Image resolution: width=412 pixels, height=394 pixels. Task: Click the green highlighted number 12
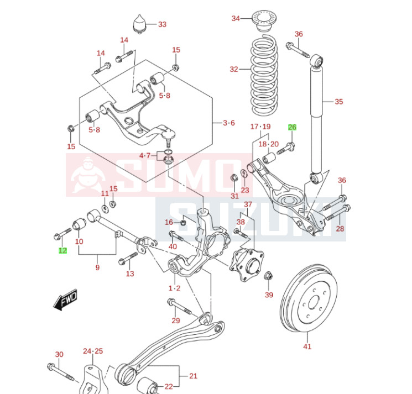pyautogui.click(x=62, y=250)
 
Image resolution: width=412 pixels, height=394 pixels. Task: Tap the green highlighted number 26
pyautogui.click(x=292, y=128)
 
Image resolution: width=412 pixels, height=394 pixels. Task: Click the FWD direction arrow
pyautogui.click(x=66, y=300)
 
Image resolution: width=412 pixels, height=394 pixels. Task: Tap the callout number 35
pyautogui.click(x=339, y=101)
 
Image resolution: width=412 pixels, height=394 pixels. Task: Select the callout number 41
pyautogui.click(x=307, y=346)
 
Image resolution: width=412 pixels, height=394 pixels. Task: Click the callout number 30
pyautogui.click(x=59, y=354)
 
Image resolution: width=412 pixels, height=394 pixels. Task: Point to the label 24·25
pyautogui.click(x=93, y=351)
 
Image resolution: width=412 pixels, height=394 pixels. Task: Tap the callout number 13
pyautogui.click(x=130, y=274)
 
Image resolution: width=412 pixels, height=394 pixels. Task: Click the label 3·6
pyautogui.click(x=229, y=123)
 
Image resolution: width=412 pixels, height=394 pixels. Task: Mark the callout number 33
pyautogui.click(x=162, y=24)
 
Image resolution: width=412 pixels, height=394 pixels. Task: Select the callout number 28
pyautogui.click(x=340, y=228)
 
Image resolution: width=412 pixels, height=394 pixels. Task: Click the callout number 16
pyautogui.click(x=169, y=222)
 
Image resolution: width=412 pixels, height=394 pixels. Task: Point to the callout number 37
pyautogui.click(x=248, y=204)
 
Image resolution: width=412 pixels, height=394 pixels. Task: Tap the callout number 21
pyautogui.click(x=193, y=376)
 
